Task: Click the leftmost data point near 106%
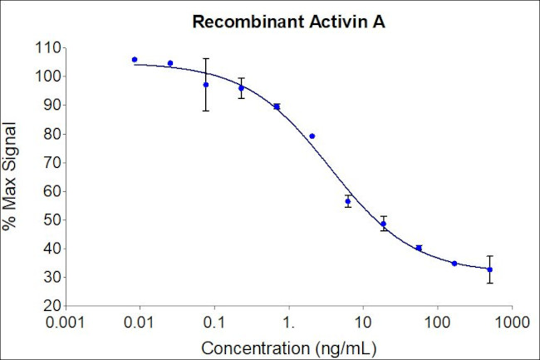click(x=135, y=60)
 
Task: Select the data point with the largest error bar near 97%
click(x=206, y=85)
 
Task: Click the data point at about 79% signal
click(x=312, y=136)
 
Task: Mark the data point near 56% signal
click(x=348, y=201)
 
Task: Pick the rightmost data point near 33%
click(x=490, y=269)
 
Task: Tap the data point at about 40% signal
click(x=419, y=248)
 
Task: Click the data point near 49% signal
click(x=384, y=223)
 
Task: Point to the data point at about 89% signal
click(x=277, y=106)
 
